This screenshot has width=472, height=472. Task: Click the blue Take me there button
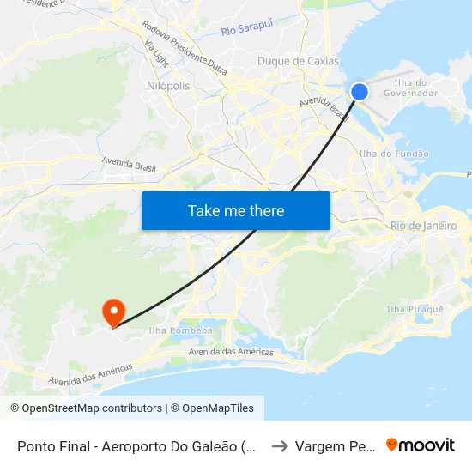click(236, 210)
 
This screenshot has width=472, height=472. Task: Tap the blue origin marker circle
click(360, 92)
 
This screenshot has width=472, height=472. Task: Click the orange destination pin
click(112, 312)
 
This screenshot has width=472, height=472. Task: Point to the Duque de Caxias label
click(298, 61)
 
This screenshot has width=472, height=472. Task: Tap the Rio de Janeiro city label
click(423, 225)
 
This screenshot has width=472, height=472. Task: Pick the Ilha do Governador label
click(416, 88)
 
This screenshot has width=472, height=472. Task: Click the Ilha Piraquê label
click(415, 309)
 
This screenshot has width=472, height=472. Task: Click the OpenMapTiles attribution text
click(215, 408)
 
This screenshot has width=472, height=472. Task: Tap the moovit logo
click(421, 445)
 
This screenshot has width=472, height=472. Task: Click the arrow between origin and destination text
click(279, 446)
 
